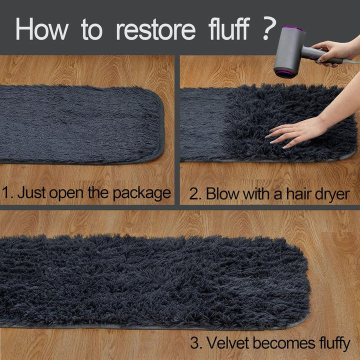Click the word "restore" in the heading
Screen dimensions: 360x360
(156, 30)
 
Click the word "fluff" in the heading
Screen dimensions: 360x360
(229, 28)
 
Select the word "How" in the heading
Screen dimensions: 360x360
(42, 29)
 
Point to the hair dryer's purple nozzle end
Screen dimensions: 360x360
(284, 73)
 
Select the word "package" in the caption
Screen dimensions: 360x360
(141, 193)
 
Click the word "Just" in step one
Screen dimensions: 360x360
(31, 192)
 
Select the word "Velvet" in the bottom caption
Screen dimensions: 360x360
(227, 343)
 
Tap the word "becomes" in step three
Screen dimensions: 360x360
(284, 343)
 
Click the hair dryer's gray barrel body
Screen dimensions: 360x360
(289, 51)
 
